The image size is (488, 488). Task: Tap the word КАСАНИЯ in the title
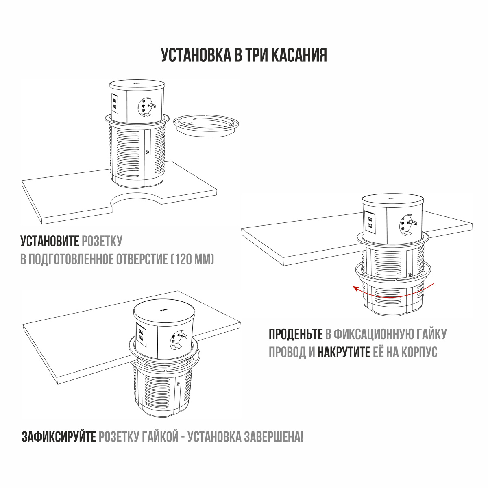point(299,55)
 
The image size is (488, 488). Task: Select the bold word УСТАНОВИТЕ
point(50,241)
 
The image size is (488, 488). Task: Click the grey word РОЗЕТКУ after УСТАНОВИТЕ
point(102,241)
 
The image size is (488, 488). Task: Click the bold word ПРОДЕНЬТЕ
point(296,334)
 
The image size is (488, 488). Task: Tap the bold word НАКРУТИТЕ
point(344,352)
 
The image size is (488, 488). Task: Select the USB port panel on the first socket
point(115,103)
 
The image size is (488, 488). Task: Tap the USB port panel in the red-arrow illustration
point(370,222)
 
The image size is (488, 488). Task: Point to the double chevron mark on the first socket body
point(148,152)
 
